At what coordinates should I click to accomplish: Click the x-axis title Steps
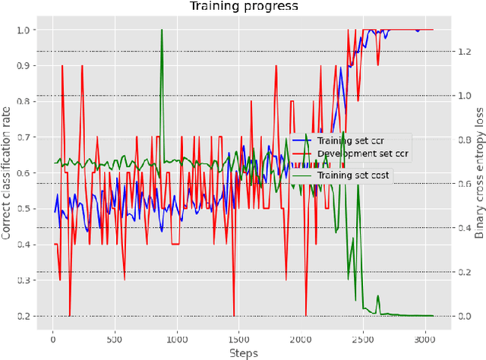(x=242, y=353)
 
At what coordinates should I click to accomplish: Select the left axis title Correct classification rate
(x=7, y=174)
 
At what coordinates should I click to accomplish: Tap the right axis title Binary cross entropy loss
(x=479, y=174)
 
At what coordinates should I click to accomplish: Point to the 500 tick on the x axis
(x=115, y=338)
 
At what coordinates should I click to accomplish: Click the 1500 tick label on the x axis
(x=239, y=338)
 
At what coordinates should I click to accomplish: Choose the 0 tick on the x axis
(x=52, y=338)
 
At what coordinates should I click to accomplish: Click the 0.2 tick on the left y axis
(x=27, y=316)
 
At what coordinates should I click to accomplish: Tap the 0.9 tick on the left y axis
(x=27, y=65)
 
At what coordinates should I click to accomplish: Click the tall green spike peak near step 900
(x=162, y=30)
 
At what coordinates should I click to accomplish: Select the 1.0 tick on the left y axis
(x=27, y=30)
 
